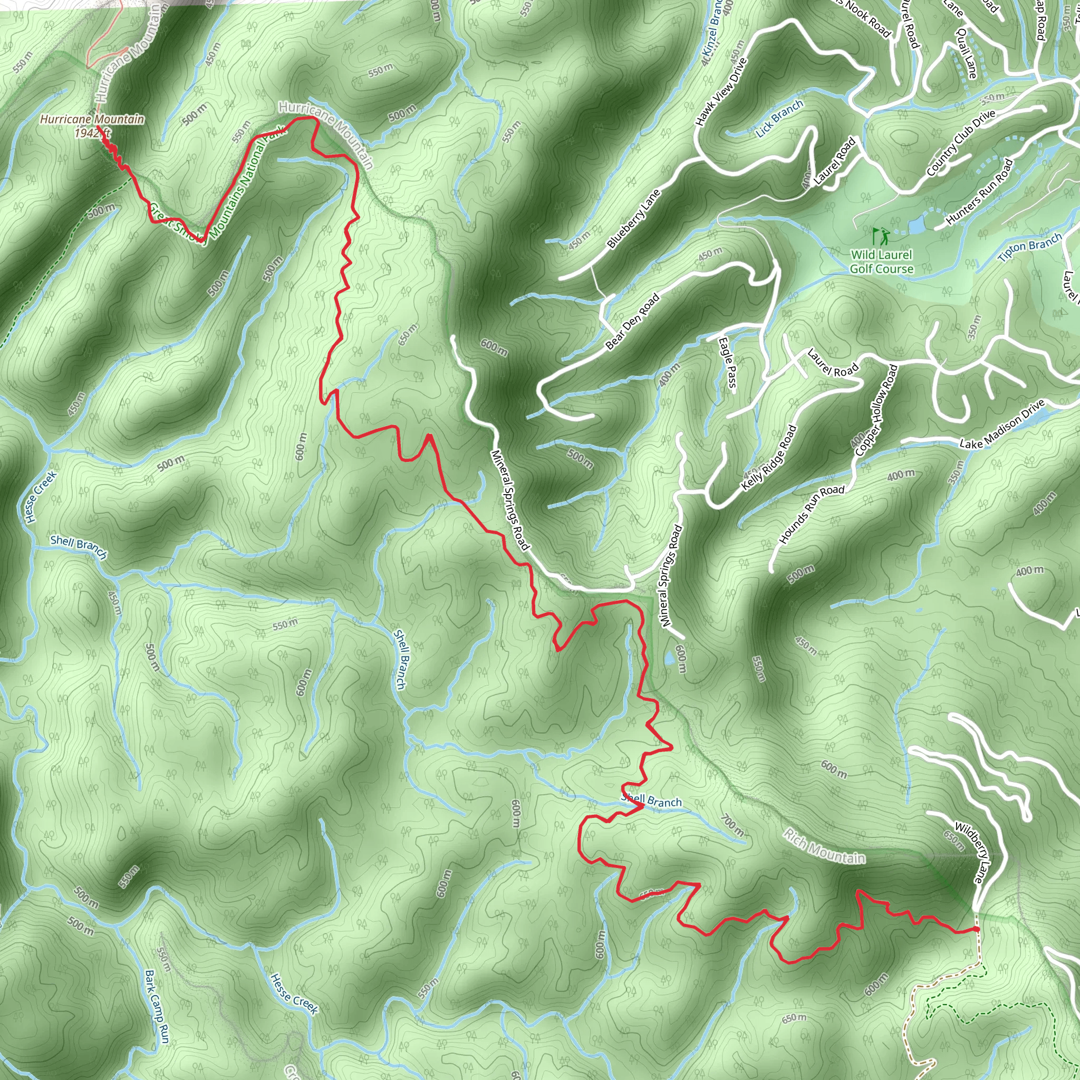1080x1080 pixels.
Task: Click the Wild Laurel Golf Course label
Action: [882, 262]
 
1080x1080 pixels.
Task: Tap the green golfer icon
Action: [881, 236]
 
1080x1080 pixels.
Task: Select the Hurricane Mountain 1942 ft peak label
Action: [92, 125]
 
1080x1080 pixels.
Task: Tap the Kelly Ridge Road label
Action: [769, 458]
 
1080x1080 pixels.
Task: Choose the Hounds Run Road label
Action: [812, 514]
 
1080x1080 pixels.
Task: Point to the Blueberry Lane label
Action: [633, 218]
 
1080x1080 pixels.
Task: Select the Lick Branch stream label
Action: [780, 118]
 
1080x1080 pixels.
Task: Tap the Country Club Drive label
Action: [960, 142]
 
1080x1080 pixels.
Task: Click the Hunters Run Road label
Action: [979, 192]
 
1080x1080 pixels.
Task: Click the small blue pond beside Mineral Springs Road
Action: [669, 659]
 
